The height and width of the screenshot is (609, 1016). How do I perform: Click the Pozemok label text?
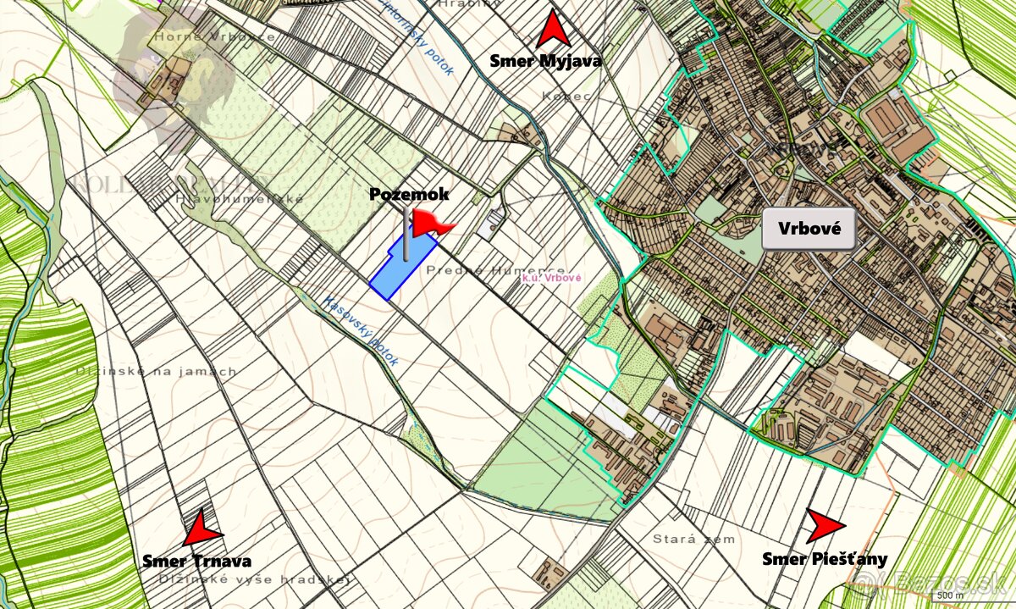(x=409, y=194)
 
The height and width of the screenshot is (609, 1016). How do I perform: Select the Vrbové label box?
(x=809, y=230)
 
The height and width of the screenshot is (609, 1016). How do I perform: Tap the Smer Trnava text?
(x=196, y=561)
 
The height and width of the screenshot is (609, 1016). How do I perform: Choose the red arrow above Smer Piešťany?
(x=823, y=526)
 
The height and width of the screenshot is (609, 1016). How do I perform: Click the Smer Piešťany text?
(x=825, y=558)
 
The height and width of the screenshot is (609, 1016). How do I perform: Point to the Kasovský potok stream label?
(x=361, y=331)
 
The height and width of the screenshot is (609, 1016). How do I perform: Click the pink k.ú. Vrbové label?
(x=551, y=278)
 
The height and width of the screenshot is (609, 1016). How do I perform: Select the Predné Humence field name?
(x=495, y=270)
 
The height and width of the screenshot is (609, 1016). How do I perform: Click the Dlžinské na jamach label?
(x=157, y=371)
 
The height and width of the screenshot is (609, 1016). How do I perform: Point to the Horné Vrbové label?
(x=213, y=37)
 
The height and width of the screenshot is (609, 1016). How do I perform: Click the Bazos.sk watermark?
(x=932, y=581)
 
